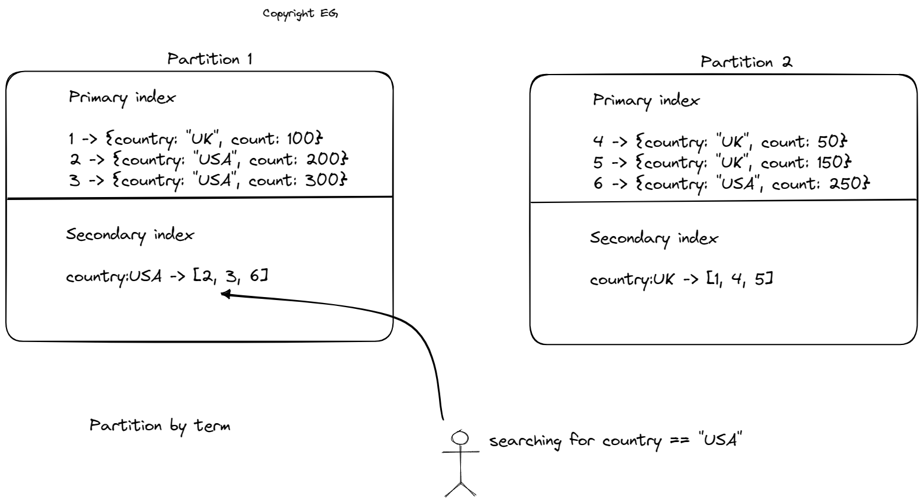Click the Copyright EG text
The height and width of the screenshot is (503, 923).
coord(300,14)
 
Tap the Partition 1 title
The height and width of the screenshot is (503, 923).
coord(209,59)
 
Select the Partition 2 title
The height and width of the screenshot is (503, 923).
coord(745,62)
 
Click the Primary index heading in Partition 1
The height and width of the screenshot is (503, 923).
coord(122,98)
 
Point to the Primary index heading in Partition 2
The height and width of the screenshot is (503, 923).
coord(646,101)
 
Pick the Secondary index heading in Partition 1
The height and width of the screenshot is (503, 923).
coord(130,235)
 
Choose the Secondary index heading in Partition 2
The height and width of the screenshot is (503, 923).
coord(654,238)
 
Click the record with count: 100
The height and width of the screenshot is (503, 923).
coord(196,140)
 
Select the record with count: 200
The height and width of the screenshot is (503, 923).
coord(208,160)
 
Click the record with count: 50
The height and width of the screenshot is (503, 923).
coord(720,142)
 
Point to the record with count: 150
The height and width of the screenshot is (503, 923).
coord(722,163)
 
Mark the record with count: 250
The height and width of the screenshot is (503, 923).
coord(731,184)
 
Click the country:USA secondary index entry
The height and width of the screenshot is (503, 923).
coord(166,276)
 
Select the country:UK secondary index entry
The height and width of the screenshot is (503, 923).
coord(681,279)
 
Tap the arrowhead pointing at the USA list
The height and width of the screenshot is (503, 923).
coord(225,294)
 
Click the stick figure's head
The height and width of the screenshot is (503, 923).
coord(460,437)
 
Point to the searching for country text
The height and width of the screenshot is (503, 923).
coord(615,441)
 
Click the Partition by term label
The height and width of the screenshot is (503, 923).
coord(160,426)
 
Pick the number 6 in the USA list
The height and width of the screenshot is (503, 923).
coord(254,275)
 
